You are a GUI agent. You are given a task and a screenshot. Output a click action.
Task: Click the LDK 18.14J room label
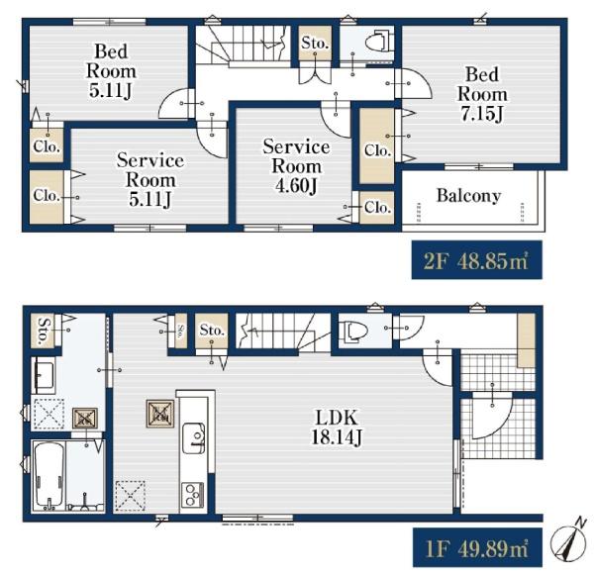point(337,427)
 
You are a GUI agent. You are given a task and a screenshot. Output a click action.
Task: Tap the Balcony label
point(469,196)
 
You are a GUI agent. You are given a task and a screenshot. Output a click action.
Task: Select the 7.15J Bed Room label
point(482,94)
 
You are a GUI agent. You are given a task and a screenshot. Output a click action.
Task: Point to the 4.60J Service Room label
point(296,166)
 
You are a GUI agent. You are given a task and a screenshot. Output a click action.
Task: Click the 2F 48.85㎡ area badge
point(476,260)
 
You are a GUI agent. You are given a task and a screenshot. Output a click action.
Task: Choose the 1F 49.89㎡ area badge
point(477,547)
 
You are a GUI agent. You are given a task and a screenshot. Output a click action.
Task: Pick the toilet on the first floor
point(354,332)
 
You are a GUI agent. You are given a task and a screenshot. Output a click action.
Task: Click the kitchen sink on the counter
point(194,437)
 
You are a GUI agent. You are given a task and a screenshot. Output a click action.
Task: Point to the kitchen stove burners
point(192,494)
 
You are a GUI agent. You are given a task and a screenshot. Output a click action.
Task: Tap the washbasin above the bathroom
point(45,375)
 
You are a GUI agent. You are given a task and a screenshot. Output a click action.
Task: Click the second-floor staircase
point(244,46)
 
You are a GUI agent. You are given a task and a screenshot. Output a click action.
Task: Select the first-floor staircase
point(283,332)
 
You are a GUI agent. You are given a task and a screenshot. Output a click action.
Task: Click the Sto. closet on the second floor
point(314,43)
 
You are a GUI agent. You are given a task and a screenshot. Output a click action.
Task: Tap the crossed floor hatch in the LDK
point(130,496)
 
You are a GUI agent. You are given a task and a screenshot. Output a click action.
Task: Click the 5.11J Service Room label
point(150,179)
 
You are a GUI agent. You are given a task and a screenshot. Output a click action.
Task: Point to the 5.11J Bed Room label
point(111,71)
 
